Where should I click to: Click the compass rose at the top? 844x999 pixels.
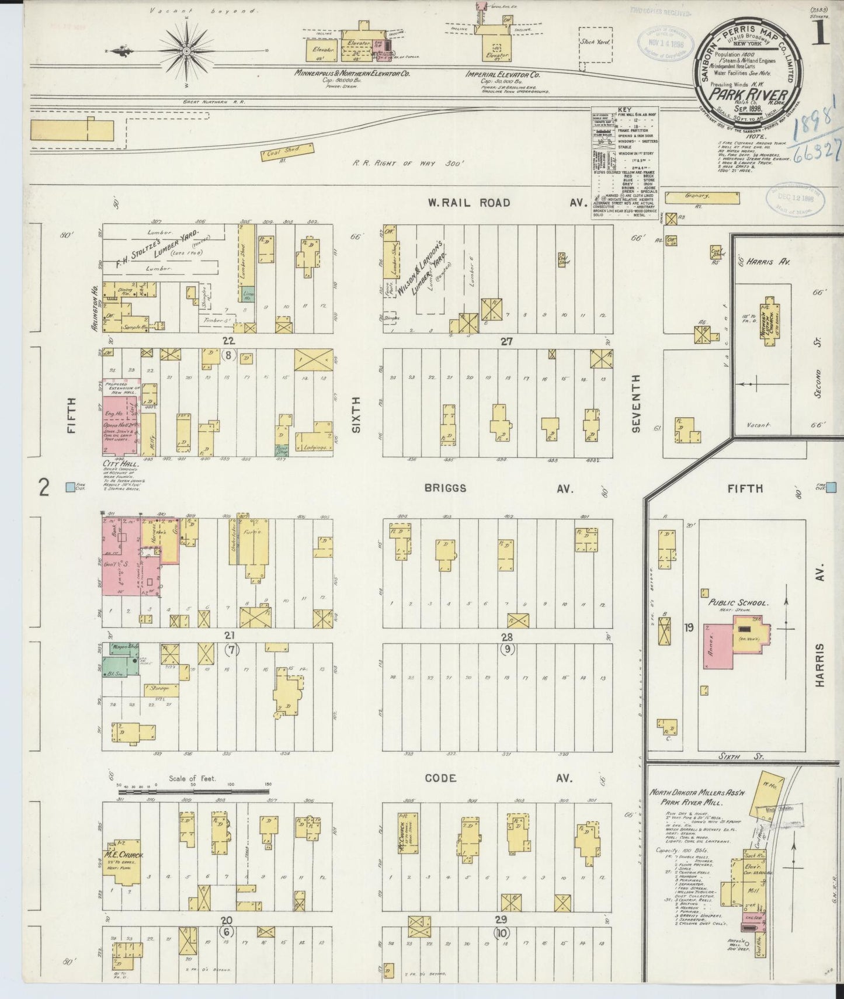pos(186,51)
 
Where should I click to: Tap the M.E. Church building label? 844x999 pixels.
pos(124,856)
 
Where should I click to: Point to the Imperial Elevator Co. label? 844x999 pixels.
pos(502,75)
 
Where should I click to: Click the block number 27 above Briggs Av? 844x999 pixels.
pos(506,342)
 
